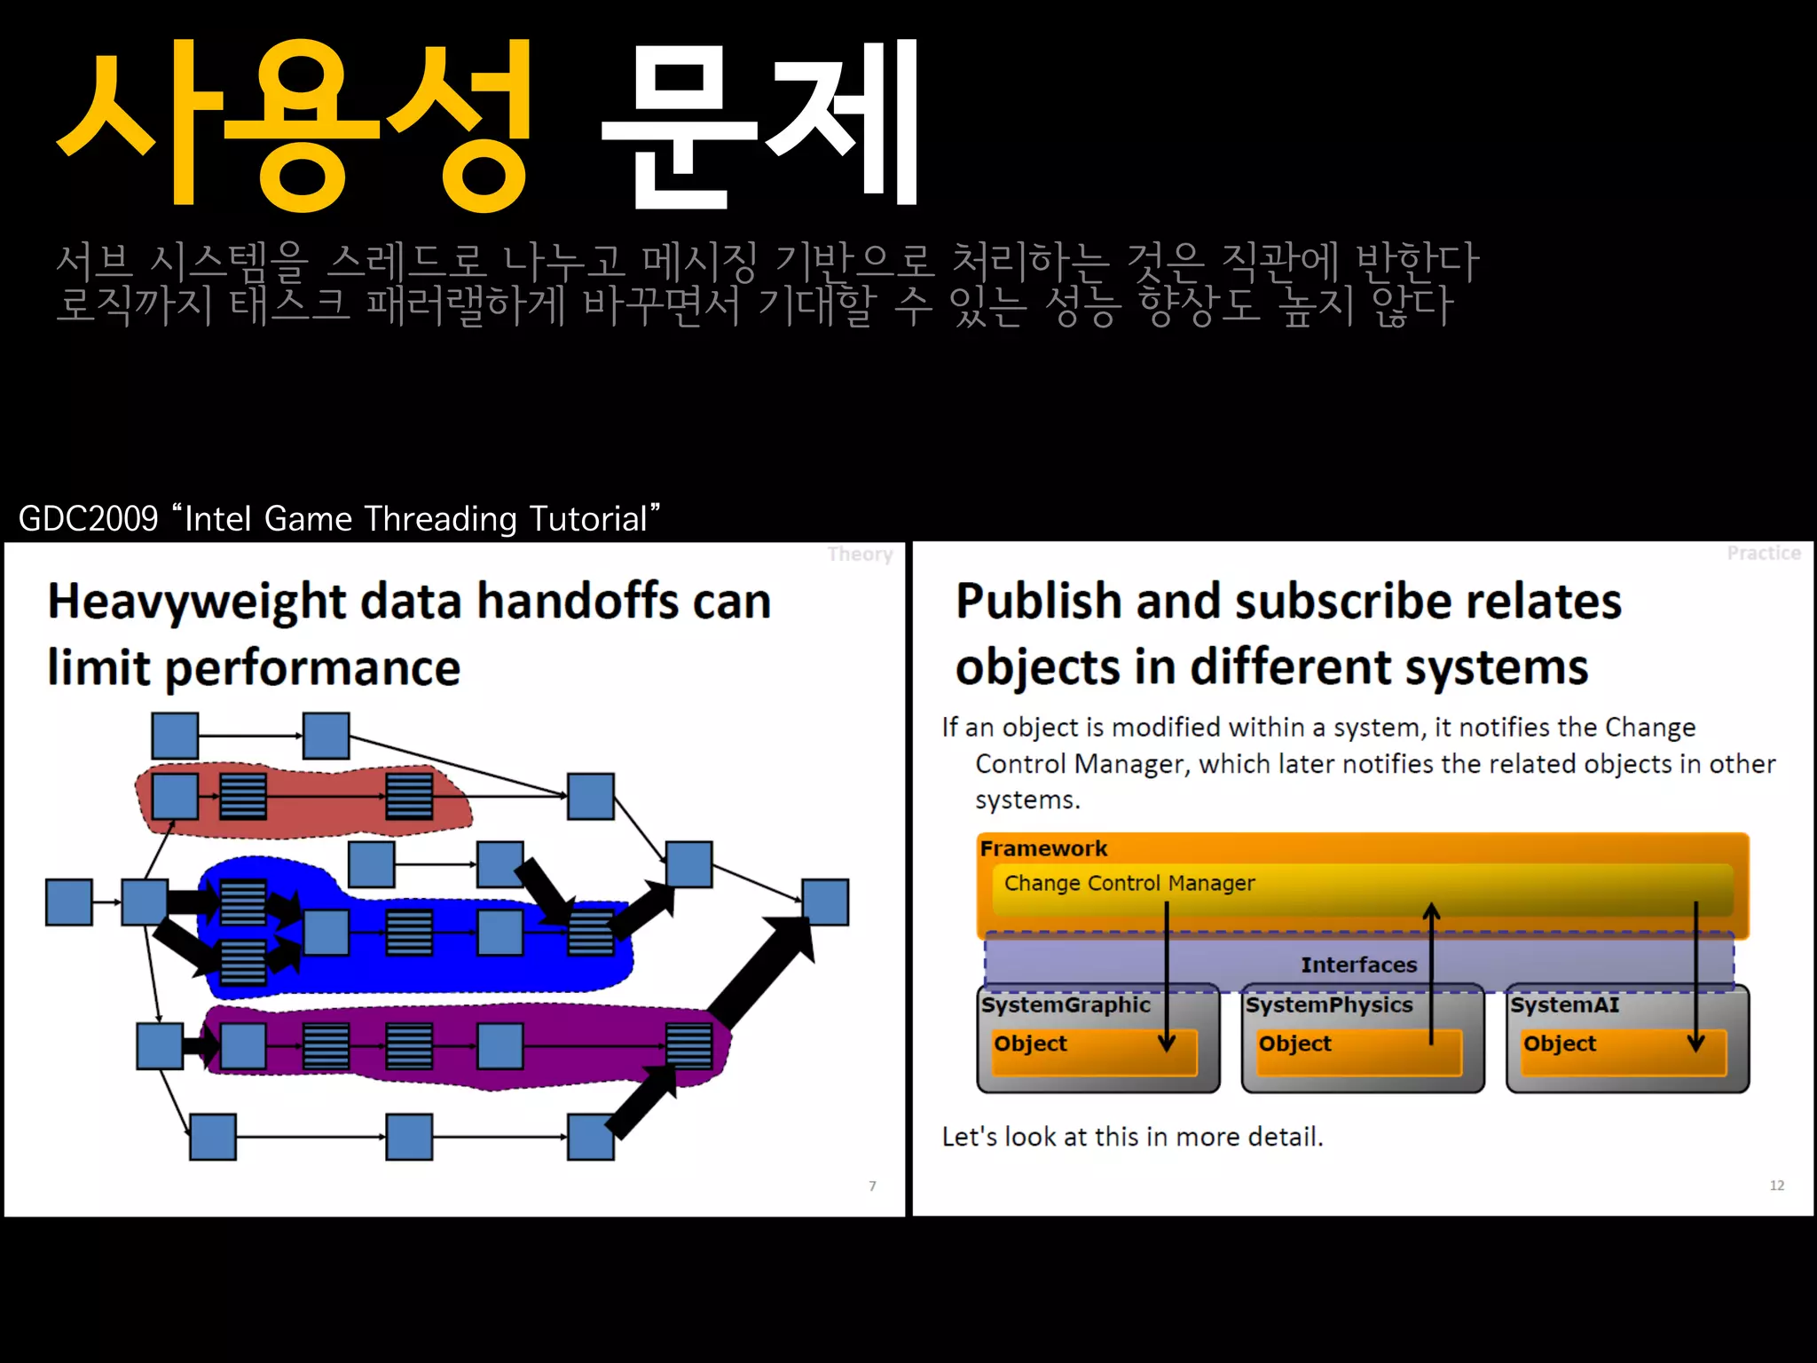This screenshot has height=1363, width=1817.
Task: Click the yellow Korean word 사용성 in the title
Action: click(x=293, y=124)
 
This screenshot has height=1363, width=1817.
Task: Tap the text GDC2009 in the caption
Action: click(x=88, y=518)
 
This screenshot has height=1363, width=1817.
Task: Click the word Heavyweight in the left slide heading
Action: click(x=196, y=602)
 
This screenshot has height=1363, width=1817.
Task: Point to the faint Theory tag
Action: click(x=859, y=555)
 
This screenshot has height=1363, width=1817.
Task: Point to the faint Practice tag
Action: click(x=1763, y=554)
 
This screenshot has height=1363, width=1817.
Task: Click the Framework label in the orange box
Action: click(x=1043, y=848)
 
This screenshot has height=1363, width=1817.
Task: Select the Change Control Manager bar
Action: click(x=1362, y=888)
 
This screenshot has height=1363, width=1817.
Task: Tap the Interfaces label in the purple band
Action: click(x=1358, y=965)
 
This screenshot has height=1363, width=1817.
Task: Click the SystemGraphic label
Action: click(x=1066, y=1005)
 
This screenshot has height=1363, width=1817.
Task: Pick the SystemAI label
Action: click(x=1564, y=1005)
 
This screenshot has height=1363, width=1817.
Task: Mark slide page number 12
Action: click(x=1776, y=1186)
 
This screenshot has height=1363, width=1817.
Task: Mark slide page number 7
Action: click(x=872, y=1186)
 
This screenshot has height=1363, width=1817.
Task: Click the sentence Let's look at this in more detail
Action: click(x=1132, y=1137)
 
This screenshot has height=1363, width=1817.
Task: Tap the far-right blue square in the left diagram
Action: click(x=825, y=902)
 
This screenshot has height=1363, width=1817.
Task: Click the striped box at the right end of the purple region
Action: click(x=688, y=1045)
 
